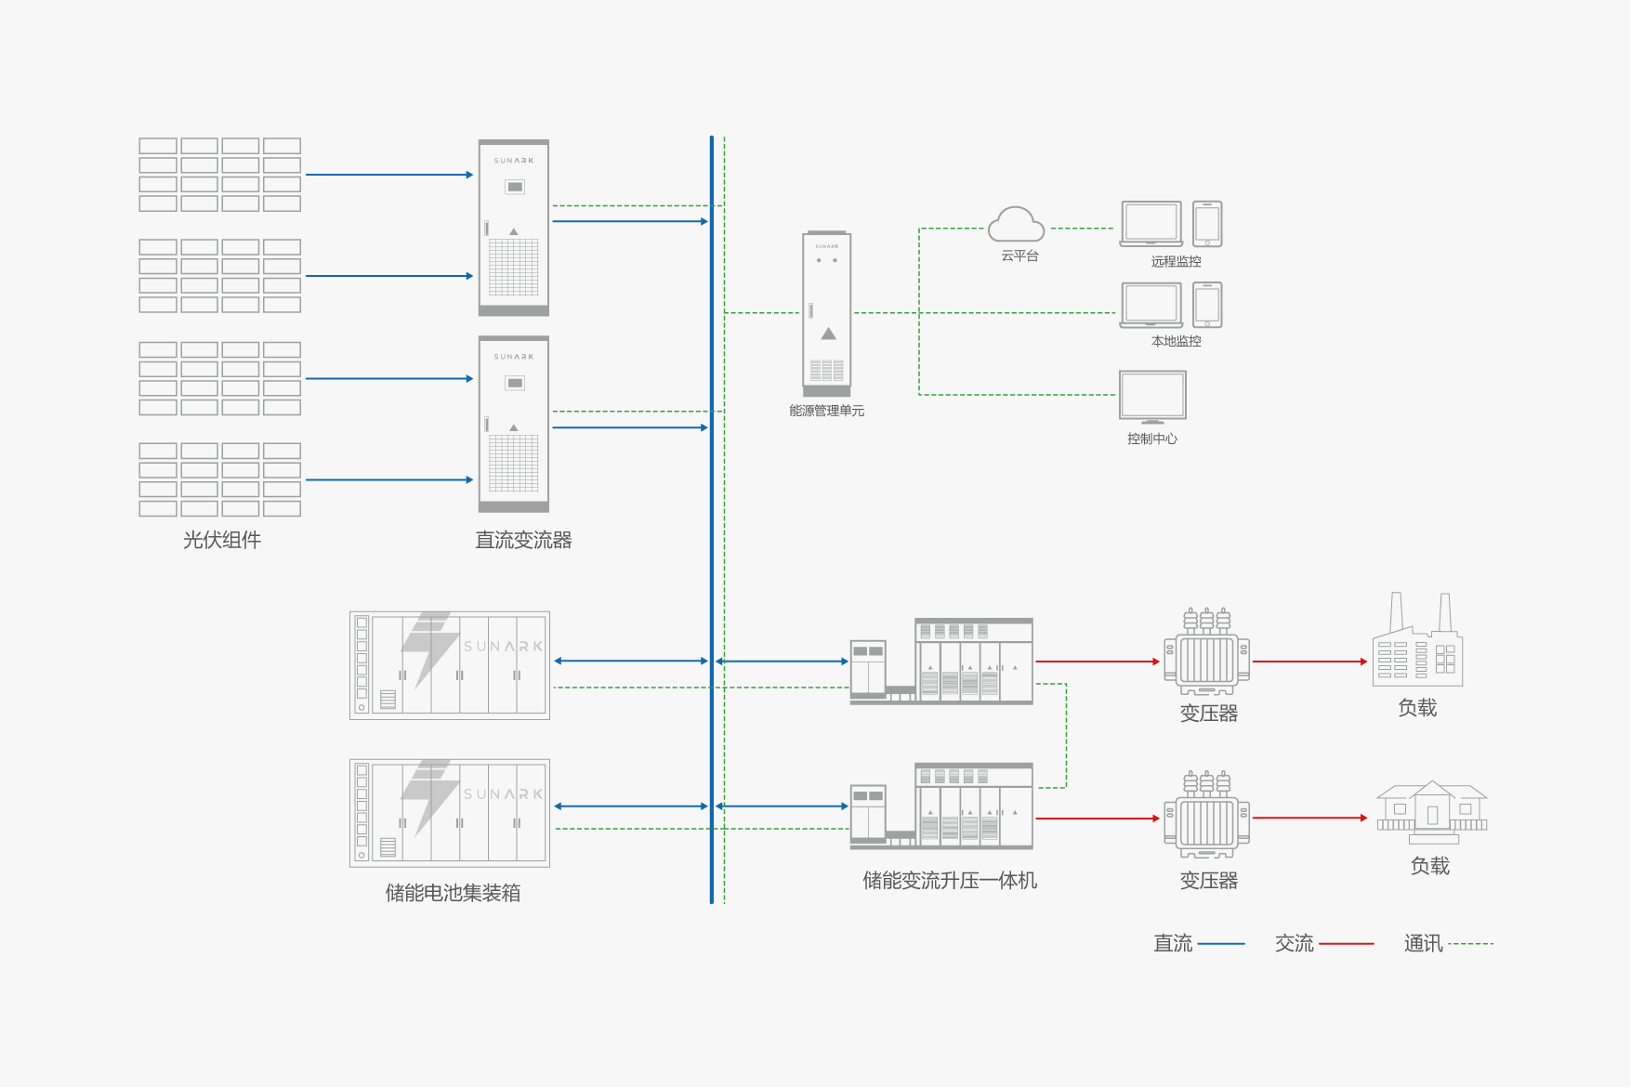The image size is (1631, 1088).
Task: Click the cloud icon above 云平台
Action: point(1016,225)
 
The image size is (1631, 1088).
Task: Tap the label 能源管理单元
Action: point(826,411)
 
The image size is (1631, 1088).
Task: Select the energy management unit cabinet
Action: point(826,313)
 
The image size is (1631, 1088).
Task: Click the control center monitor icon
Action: point(1152,397)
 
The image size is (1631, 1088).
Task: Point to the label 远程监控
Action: point(1176,261)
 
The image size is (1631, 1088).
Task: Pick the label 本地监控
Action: point(1176,341)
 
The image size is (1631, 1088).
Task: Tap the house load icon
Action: point(1431,811)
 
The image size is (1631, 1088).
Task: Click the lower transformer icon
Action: point(1206,815)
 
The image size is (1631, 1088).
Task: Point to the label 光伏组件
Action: point(222,540)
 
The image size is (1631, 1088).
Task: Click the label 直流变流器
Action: point(523,540)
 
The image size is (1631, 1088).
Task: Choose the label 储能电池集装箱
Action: point(453,893)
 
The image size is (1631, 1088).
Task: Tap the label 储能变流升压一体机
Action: point(949,881)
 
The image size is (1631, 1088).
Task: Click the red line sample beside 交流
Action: point(1346,944)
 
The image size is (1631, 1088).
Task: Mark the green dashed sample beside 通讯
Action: point(1470,944)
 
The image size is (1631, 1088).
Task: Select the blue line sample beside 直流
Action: point(1221,944)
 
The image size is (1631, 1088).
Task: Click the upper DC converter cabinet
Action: point(513,228)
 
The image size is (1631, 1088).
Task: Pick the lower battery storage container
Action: point(450,813)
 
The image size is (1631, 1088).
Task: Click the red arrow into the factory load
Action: point(1310,662)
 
